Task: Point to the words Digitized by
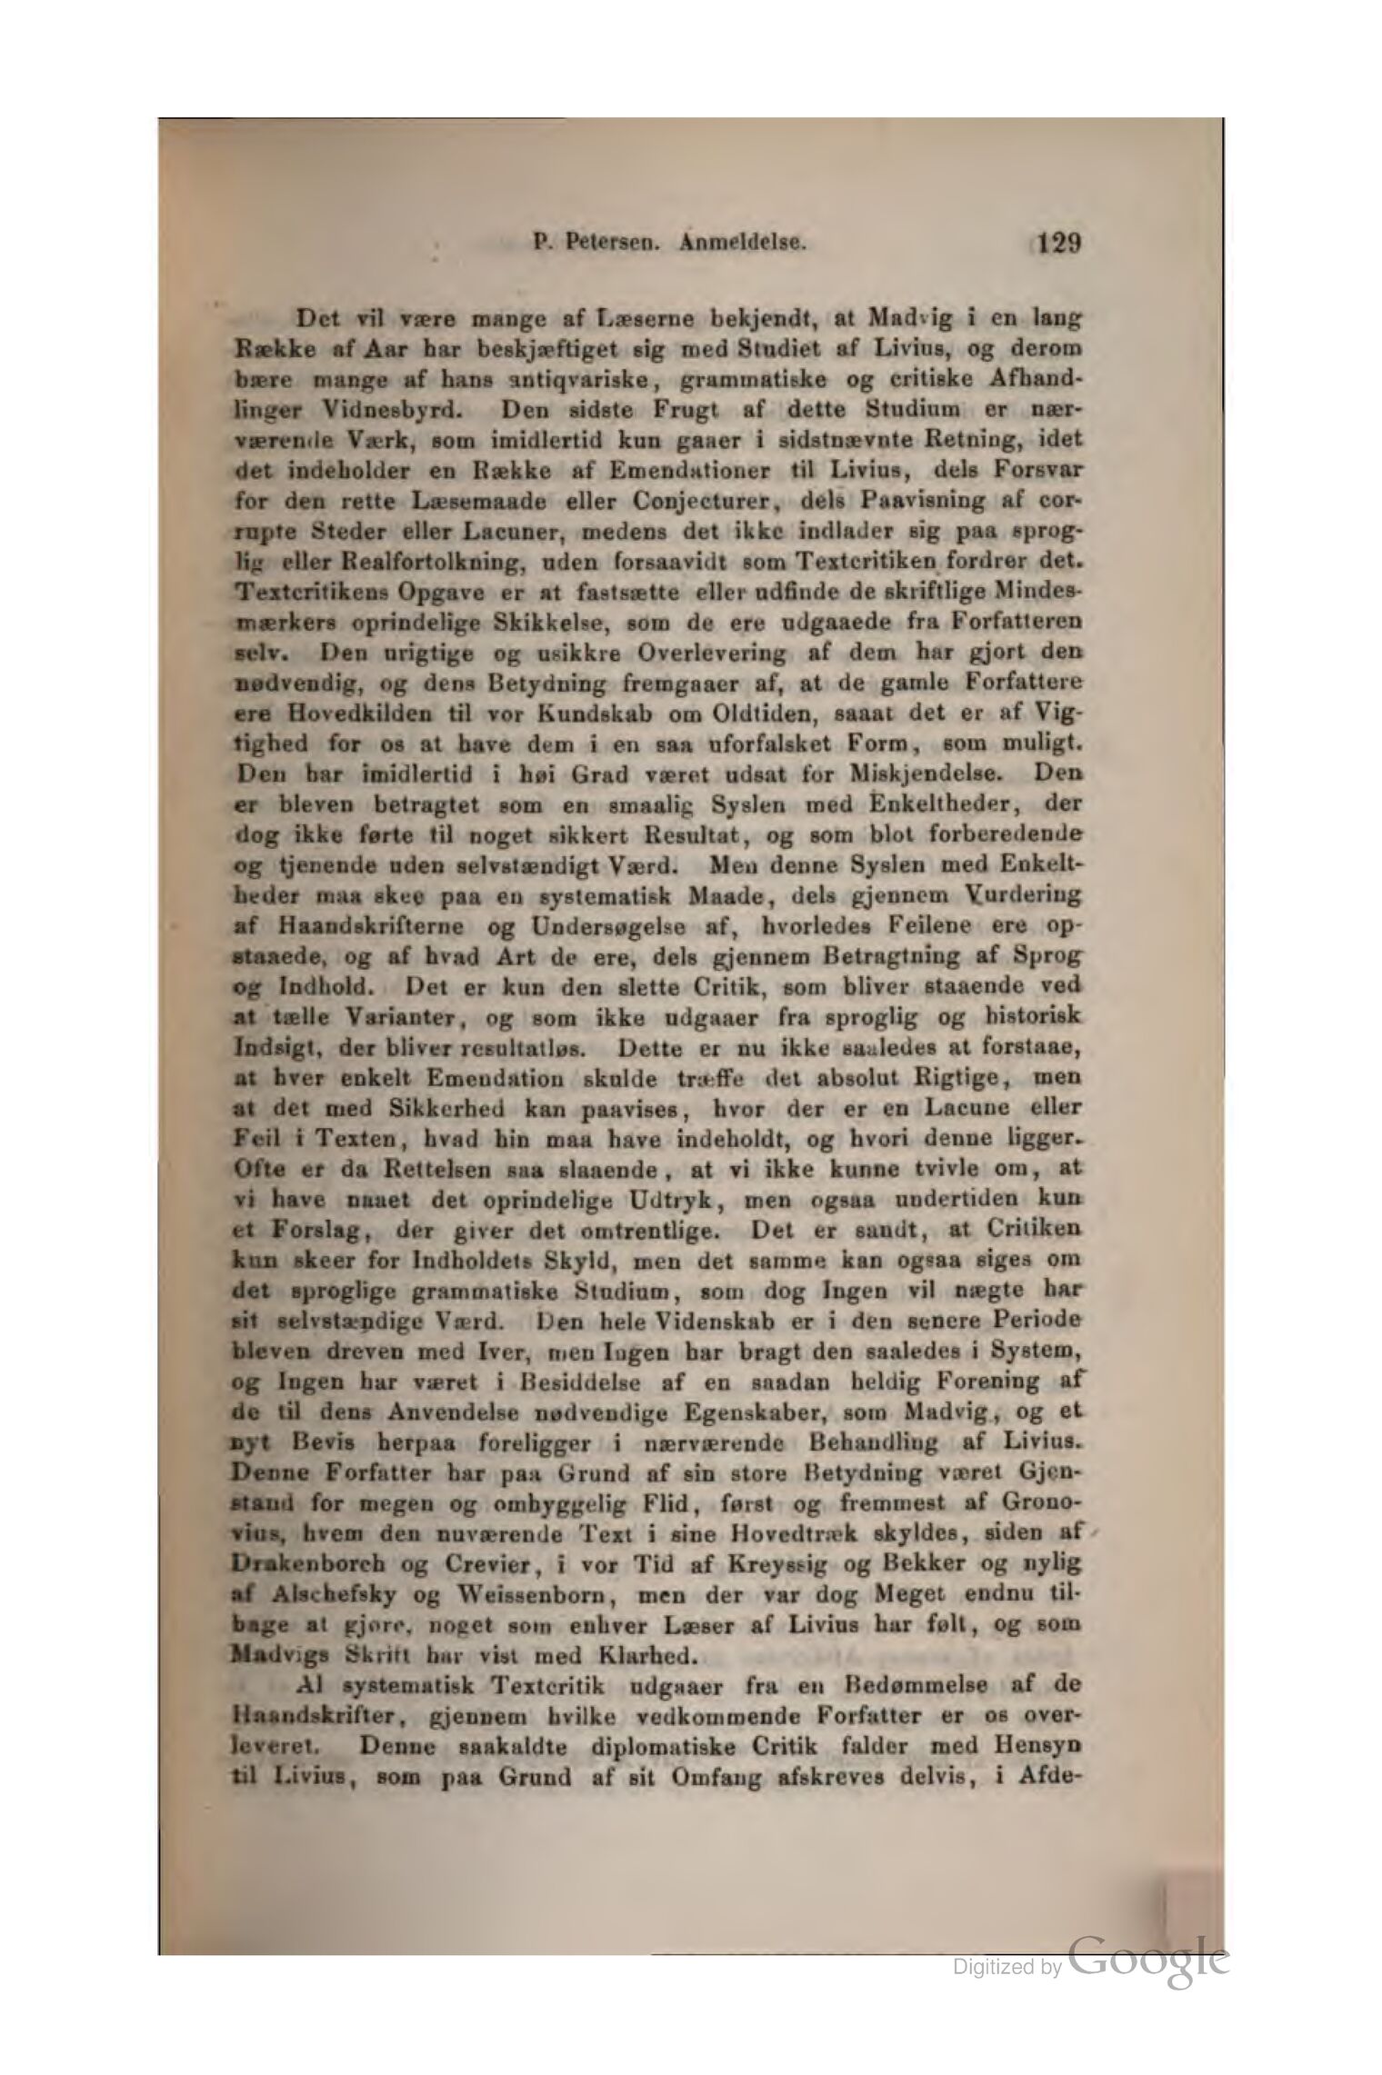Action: point(1006,1968)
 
